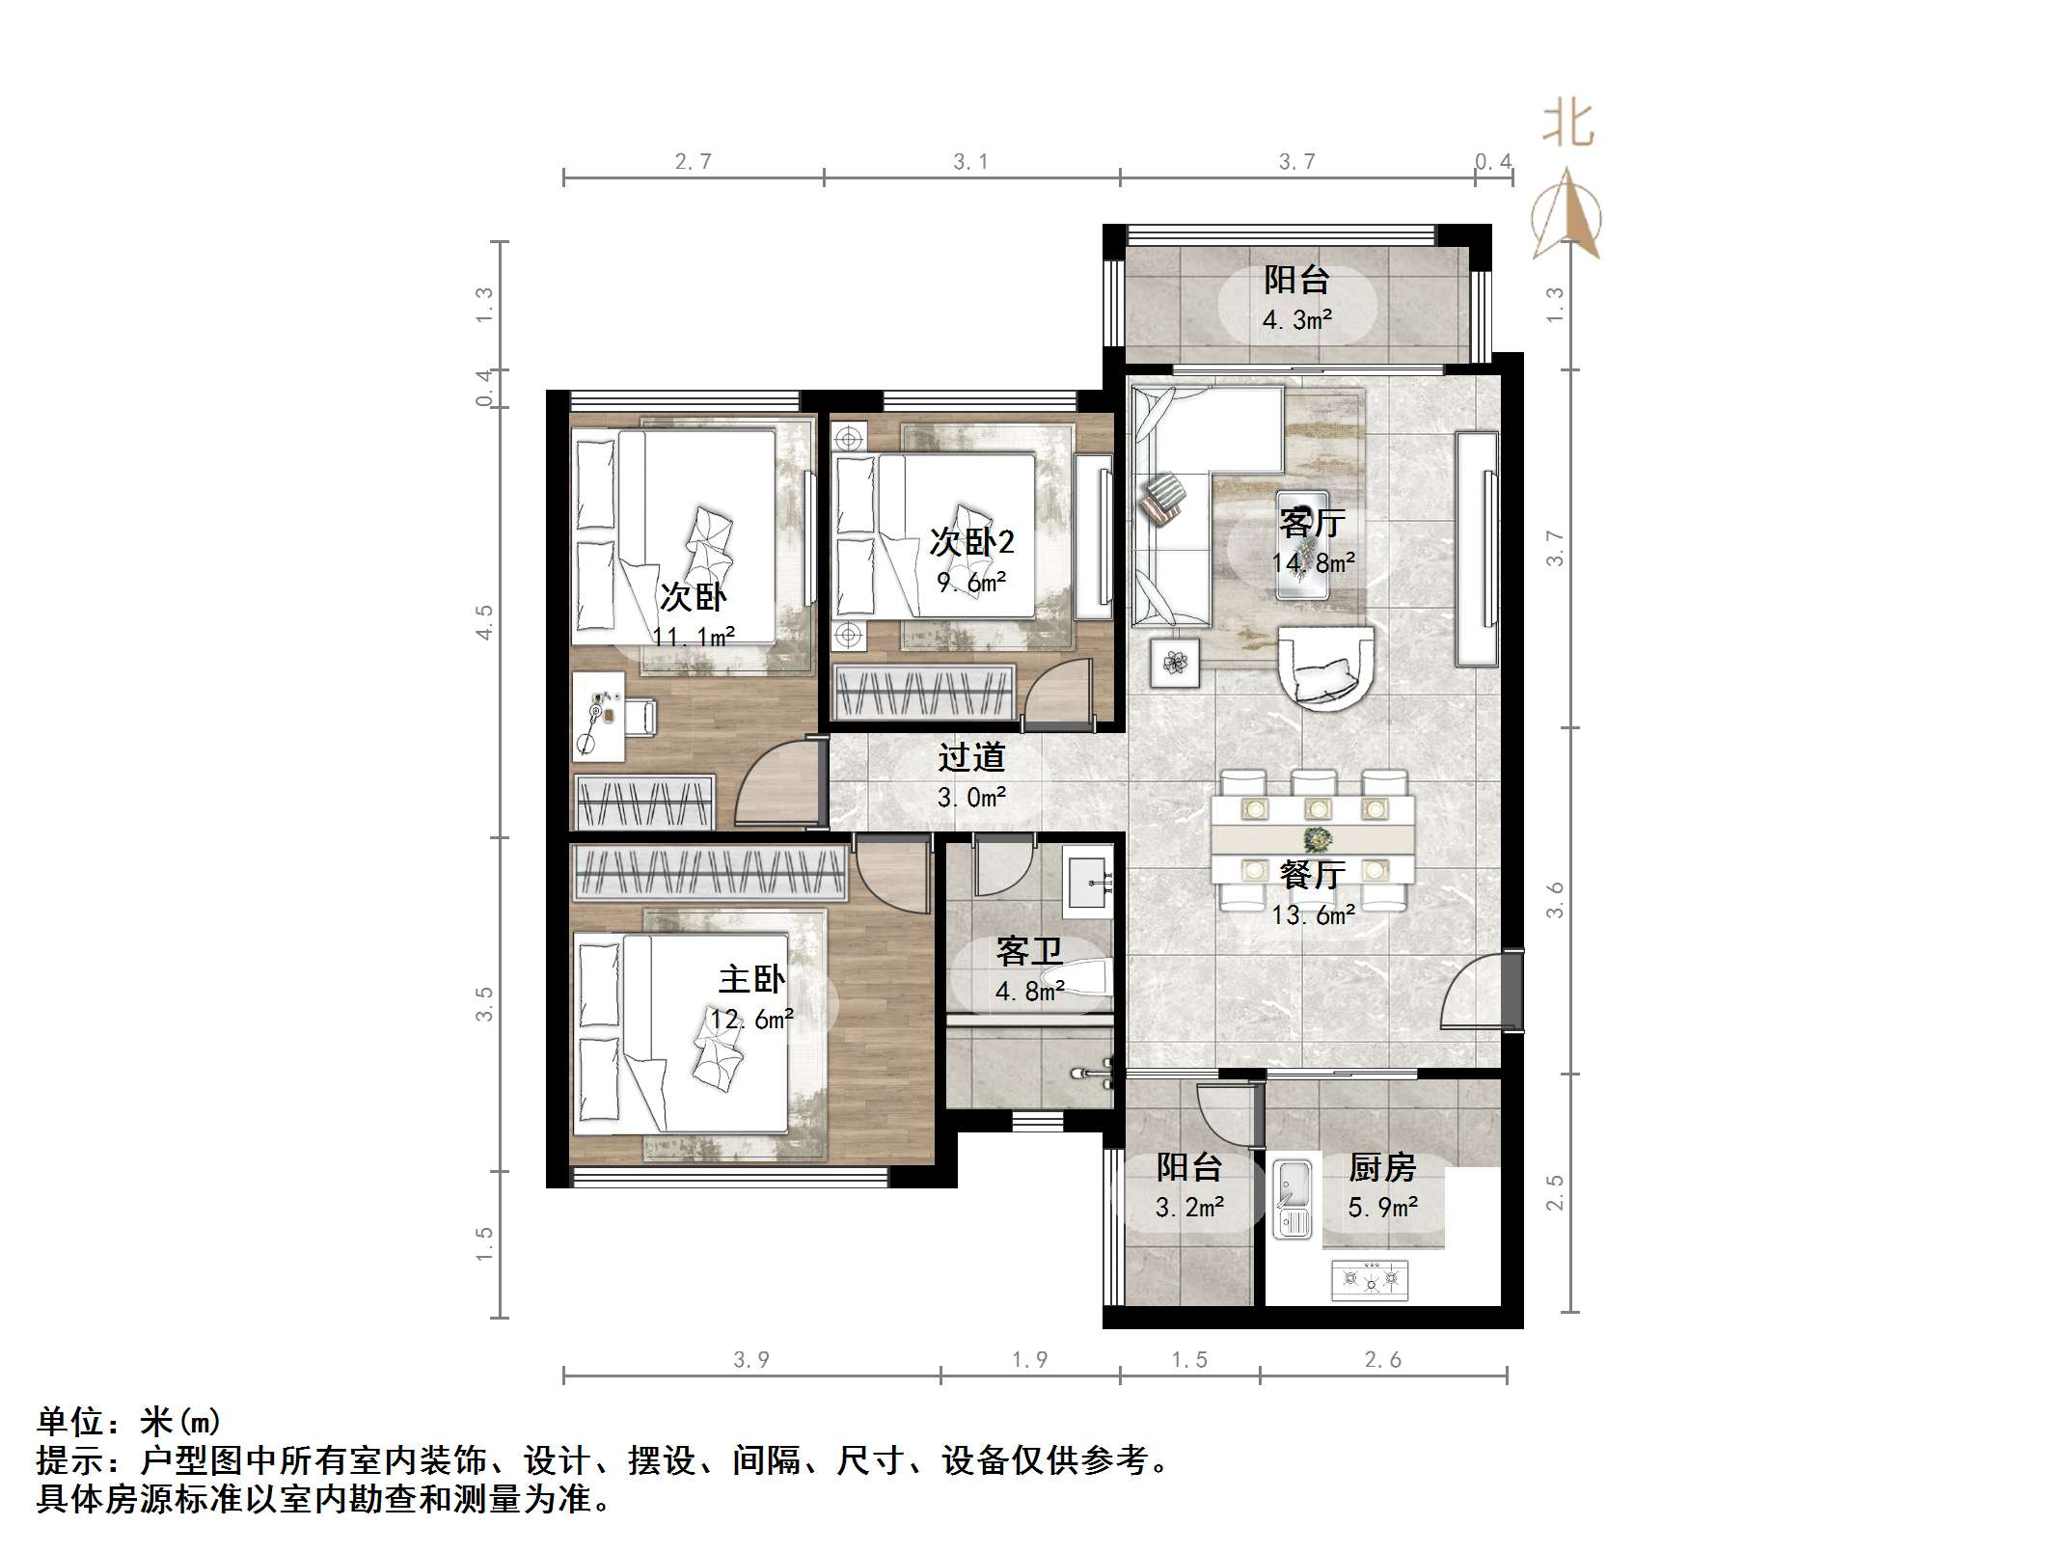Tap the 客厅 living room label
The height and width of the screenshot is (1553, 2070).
click(1312, 523)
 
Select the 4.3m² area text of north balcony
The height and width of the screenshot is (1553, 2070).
click(1297, 320)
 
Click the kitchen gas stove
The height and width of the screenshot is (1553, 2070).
click(1369, 1280)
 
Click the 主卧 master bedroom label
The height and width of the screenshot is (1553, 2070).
click(751, 980)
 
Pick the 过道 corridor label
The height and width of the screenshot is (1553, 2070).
click(971, 758)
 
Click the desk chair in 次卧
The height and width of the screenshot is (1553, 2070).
click(640, 717)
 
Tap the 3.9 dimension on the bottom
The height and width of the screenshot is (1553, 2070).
click(751, 1360)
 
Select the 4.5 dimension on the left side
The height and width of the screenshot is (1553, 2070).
click(484, 622)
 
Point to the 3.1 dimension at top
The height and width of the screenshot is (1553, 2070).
click(970, 162)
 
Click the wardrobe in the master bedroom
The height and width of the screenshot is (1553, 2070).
click(709, 873)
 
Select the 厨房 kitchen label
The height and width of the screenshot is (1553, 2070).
click(1382, 1168)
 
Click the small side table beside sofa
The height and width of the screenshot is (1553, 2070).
click(1175, 663)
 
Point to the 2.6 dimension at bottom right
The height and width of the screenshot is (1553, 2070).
click(1382, 1360)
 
